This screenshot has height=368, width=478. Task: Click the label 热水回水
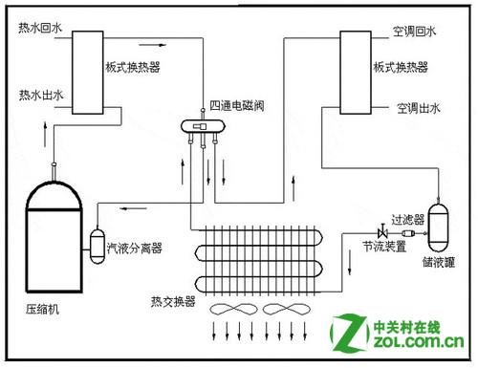40,28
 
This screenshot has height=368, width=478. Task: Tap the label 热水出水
41,95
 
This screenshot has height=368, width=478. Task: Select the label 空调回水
414,32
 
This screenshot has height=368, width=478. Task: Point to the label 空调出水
419,108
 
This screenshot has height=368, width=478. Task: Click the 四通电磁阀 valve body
203,126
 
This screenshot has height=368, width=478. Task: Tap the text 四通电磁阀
237,105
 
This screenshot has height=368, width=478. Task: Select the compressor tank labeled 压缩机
54,236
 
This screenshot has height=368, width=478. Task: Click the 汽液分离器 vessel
98,246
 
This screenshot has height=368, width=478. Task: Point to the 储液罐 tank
438,227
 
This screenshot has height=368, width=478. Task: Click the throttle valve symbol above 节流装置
382,231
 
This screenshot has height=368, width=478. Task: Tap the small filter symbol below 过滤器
408,233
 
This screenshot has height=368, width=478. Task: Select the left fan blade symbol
233,309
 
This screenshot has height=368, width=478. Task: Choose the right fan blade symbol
287,309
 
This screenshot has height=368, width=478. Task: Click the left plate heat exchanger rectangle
88,73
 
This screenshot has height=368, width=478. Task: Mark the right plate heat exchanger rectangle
356,73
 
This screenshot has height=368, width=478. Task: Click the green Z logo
350,333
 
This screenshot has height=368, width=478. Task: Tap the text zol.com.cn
419,342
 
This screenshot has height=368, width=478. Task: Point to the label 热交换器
173,301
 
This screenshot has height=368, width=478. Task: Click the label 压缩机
42,309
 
